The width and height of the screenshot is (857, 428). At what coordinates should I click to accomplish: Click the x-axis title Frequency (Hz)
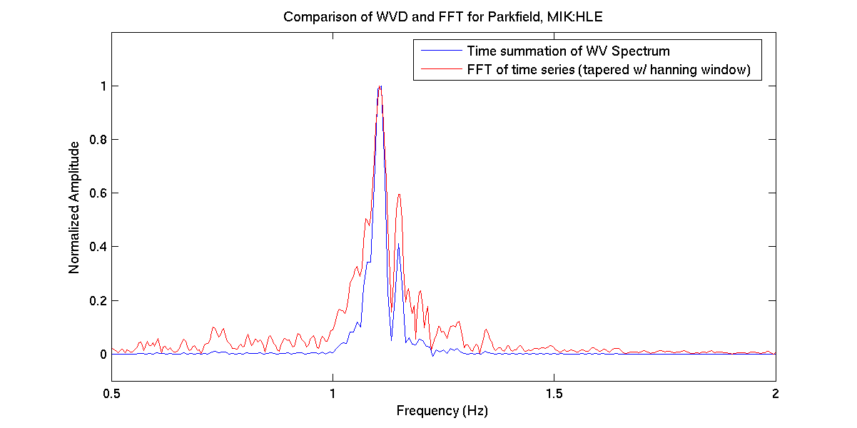(x=442, y=411)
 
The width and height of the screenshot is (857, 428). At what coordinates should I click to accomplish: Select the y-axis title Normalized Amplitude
(x=74, y=208)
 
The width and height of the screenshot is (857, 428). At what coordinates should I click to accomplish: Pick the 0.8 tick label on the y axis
(x=93, y=140)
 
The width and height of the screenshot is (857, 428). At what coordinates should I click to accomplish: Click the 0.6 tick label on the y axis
(x=93, y=193)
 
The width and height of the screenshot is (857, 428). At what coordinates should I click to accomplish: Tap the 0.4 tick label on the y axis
(x=93, y=247)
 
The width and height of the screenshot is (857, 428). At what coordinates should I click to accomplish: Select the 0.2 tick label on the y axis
(x=93, y=300)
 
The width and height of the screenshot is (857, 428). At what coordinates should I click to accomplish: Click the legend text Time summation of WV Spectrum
(x=568, y=51)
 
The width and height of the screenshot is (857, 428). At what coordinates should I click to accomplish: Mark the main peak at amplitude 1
(x=380, y=86)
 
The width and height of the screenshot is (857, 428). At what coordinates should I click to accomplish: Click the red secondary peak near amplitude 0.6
(x=400, y=194)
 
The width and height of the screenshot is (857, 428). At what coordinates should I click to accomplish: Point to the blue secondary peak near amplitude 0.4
(x=398, y=245)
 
